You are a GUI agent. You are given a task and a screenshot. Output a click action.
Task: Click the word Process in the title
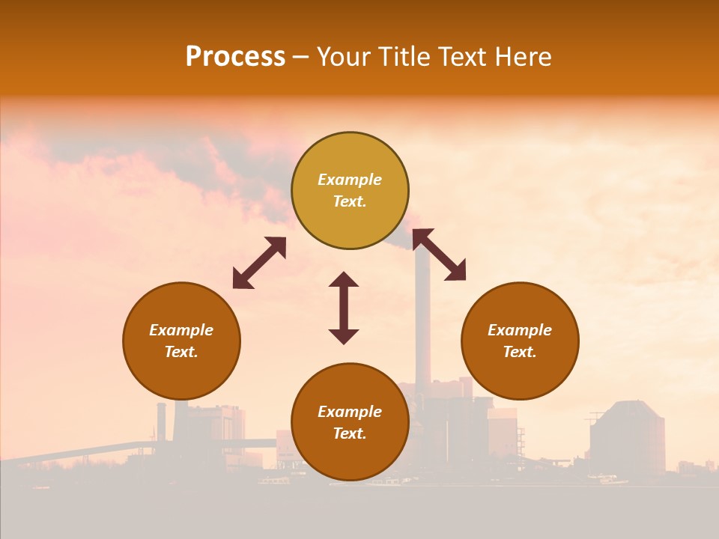pos(235,57)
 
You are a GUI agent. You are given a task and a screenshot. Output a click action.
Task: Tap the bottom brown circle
pos(350,457)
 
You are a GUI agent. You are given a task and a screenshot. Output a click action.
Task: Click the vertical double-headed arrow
pos(344,308)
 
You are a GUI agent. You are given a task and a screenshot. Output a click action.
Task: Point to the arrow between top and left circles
pos(259,262)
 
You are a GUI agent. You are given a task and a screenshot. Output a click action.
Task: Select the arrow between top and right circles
pos(439,255)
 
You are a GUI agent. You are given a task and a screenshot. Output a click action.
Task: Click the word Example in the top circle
pos(350,180)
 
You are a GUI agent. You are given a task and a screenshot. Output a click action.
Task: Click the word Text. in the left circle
pos(181,352)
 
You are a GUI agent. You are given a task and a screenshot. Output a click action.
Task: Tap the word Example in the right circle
pos(520,330)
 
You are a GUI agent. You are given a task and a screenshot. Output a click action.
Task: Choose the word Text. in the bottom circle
pos(350,433)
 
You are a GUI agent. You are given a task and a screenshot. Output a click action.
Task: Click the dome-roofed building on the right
pos(627,438)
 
